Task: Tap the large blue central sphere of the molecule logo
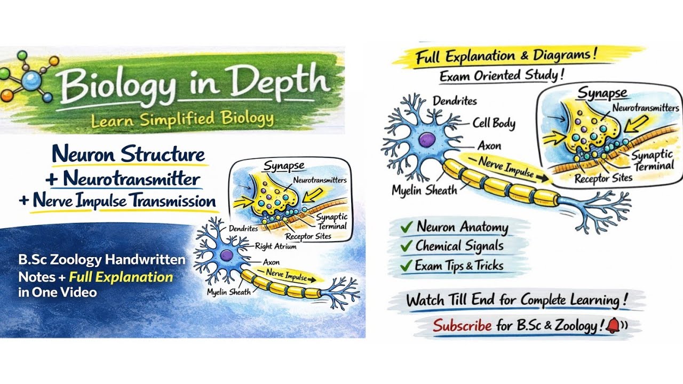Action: pos(31,81)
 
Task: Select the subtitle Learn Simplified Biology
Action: pos(182,119)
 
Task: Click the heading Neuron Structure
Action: pos(129,154)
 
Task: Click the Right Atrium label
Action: pos(276,246)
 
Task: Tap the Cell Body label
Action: pos(494,123)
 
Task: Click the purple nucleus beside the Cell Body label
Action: pos(426,139)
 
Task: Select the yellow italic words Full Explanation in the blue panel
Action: pos(121,277)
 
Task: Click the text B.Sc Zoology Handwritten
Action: pos(102,260)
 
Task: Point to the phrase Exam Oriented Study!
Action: pos(502,75)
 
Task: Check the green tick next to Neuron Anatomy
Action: pos(407,227)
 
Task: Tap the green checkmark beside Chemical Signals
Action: pos(406,246)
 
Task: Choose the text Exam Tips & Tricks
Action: pos(459,266)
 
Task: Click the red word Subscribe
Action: pos(462,325)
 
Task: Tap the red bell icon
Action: pos(613,325)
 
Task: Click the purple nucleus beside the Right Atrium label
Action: pos(227,255)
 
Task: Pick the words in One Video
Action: pos(58,292)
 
